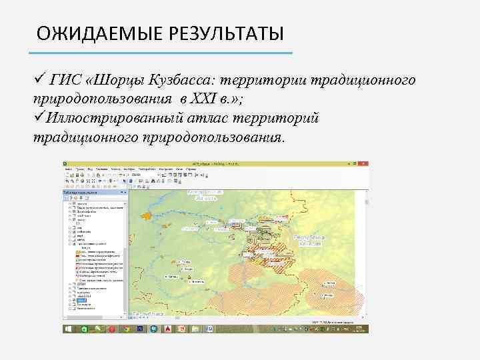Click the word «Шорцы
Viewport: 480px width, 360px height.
pos(113,81)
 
